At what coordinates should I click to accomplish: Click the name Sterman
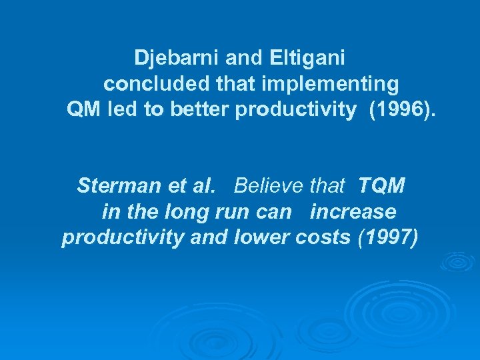(x=114, y=185)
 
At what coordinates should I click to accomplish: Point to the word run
(x=224, y=212)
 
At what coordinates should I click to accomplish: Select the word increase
(x=353, y=212)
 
